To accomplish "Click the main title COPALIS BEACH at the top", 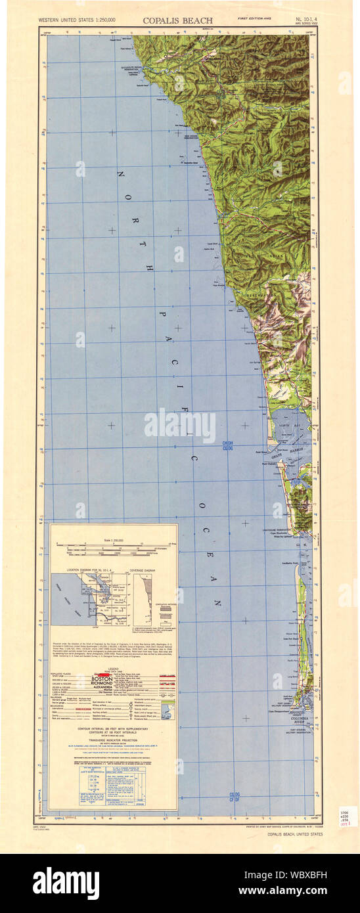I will coord(177,20).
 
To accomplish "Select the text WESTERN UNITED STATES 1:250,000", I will coord(77,21).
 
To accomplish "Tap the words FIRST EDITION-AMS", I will coord(250,18).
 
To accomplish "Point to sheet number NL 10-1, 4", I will coord(305,19).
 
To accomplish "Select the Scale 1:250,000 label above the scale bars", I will coord(113,540).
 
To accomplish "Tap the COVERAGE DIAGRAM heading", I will coord(146,569).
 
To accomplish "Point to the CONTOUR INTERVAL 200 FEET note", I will coord(114,730).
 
